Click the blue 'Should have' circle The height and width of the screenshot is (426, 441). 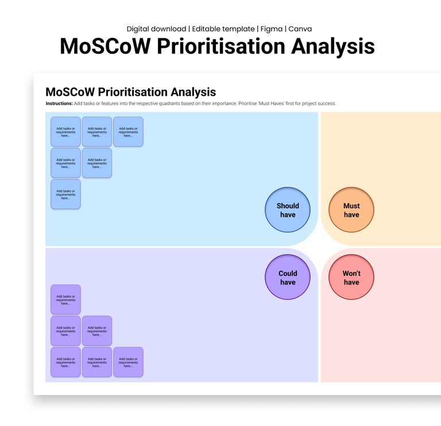point(288,210)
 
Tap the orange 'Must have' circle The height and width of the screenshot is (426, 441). point(351,210)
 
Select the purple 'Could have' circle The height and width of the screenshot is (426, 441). point(288,278)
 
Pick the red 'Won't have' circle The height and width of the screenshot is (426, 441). point(351,278)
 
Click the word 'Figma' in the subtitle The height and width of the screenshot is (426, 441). point(270,29)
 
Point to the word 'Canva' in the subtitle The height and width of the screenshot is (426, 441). point(300,29)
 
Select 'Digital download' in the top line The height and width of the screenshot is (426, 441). point(156,29)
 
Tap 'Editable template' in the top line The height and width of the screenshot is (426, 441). point(223,29)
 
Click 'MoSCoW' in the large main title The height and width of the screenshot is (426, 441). point(105,46)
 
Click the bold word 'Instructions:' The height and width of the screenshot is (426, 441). point(59,104)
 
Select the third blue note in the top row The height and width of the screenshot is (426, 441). point(128,132)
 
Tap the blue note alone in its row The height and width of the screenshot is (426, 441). point(65,194)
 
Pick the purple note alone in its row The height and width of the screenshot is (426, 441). point(65,300)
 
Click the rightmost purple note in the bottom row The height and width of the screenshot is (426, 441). point(128,362)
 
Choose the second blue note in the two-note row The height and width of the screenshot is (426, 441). point(97,163)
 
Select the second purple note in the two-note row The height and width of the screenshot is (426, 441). point(97,331)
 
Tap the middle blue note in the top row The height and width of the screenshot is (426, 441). point(97,132)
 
